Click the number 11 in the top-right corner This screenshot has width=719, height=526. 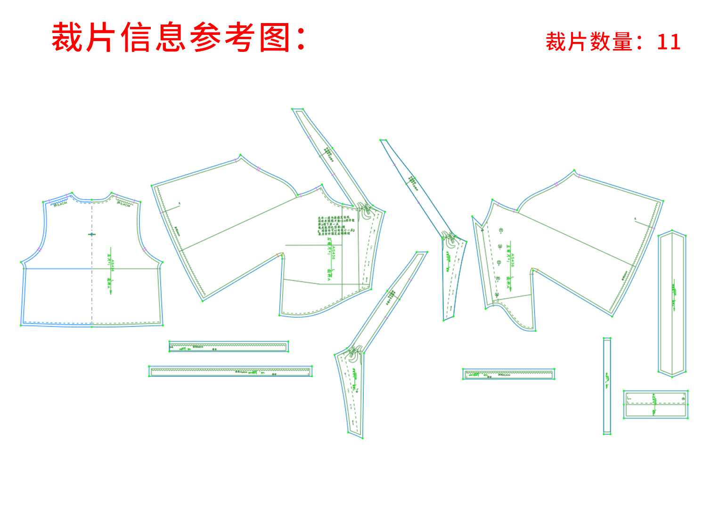[x=669, y=42]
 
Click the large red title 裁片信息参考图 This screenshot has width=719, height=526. [x=179, y=37]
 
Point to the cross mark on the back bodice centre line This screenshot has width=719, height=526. [x=91, y=234]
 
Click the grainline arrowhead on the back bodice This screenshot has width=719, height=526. [x=111, y=292]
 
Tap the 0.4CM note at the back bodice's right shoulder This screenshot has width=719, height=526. [x=123, y=204]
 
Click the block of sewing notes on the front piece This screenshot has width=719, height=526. [x=335, y=226]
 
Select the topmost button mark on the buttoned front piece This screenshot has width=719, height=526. [x=501, y=230]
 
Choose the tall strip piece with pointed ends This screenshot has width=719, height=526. [x=672, y=304]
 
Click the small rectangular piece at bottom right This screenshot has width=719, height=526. [x=655, y=404]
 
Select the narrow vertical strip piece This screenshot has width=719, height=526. [x=607, y=386]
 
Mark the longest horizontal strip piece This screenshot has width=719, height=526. [x=230, y=371]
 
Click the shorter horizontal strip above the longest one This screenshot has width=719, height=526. [x=229, y=346]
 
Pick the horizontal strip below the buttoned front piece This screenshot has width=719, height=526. [x=508, y=374]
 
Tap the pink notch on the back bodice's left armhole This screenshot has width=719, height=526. [x=39, y=249]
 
